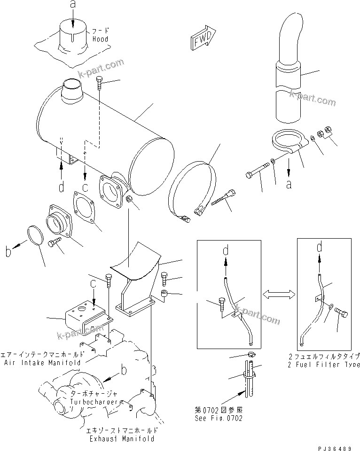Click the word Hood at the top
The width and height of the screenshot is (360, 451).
[100, 39]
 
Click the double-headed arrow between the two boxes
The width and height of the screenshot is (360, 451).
[279, 294]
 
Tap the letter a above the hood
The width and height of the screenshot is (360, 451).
[72, 6]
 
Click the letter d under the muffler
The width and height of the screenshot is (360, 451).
[62, 187]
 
